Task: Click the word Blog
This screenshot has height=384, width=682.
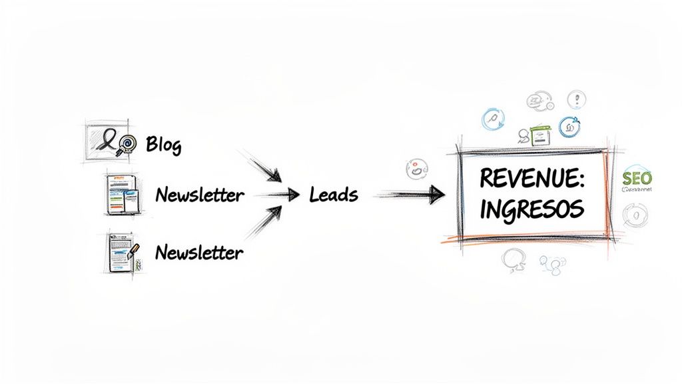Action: click(x=163, y=144)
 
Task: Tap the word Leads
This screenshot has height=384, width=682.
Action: click(x=334, y=195)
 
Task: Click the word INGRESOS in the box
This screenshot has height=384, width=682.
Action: click(x=531, y=209)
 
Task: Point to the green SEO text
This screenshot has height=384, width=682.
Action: click(x=637, y=178)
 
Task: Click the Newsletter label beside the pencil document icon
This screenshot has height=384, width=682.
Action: click(x=199, y=253)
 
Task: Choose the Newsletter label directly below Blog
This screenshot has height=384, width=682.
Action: click(x=199, y=195)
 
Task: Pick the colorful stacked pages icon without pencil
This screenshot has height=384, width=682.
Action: click(x=123, y=194)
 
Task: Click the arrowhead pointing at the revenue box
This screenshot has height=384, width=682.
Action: click(x=436, y=195)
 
